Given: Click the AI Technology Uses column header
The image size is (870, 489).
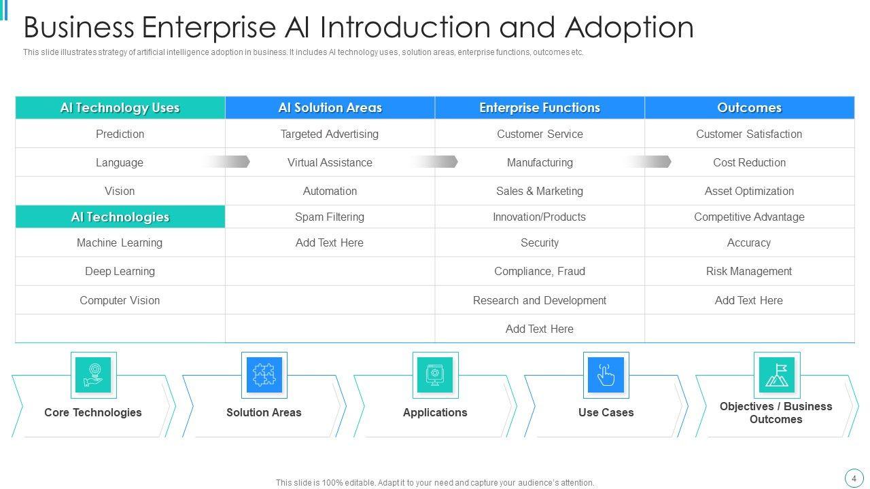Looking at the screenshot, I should (x=120, y=108).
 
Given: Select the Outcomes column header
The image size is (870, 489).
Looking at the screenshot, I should (x=749, y=108).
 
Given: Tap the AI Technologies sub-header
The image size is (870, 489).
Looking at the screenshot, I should (x=120, y=217).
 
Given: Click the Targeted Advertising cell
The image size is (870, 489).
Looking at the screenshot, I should (x=330, y=134).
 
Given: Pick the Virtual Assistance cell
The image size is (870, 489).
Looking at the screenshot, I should (x=330, y=163).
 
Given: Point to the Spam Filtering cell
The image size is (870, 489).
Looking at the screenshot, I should (x=330, y=217).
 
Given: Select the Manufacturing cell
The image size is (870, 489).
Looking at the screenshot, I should (x=540, y=163).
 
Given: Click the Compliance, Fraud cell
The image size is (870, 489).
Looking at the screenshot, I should (x=540, y=272).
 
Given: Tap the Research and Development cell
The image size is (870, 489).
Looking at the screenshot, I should (x=540, y=300).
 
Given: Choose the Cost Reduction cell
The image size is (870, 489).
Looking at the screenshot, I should (x=749, y=163).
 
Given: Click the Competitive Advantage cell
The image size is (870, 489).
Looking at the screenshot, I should (x=749, y=217).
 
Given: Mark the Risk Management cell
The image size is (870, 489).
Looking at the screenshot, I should (x=749, y=272).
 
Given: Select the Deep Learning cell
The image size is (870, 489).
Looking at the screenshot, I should (x=120, y=272).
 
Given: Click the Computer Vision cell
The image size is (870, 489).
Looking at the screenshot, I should (x=120, y=300).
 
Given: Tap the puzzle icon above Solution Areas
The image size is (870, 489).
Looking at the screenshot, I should (x=264, y=374).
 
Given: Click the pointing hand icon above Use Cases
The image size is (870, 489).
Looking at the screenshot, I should (x=606, y=374).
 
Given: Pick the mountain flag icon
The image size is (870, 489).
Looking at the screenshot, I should (x=776, y=374).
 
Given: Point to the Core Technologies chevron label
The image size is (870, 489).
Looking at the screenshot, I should (x=93, y=412).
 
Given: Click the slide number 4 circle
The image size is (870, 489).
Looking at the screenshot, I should (x=854, y=478).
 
